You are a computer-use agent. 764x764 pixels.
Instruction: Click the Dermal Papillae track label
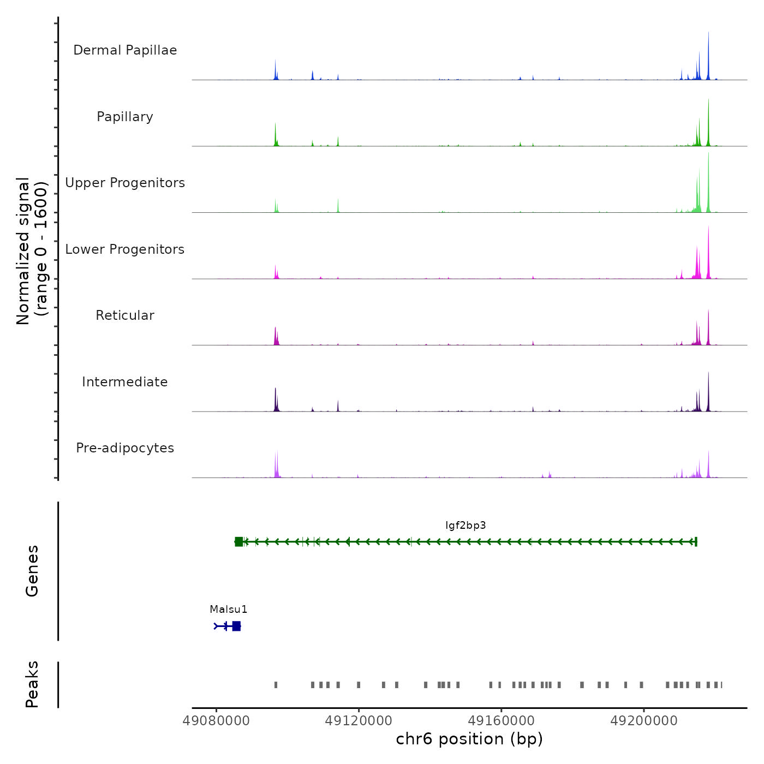(x=125, y=50)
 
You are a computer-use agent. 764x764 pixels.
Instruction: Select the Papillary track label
(x=125, y=117)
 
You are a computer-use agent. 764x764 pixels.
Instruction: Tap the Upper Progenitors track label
(x=125, y=183)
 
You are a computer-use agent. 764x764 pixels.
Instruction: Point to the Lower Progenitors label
(x=125, y=249)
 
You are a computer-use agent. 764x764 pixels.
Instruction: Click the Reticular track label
(x=125, y=315)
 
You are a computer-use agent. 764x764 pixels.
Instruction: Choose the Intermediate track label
(x=125, y=382)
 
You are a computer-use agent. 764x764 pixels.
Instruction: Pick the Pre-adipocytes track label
(x=125, y=448)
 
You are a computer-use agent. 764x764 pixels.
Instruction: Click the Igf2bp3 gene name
(x=465, y=526)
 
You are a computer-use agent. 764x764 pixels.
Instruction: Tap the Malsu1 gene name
(x=229, y=610)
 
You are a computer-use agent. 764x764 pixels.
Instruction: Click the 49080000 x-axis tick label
(x=217, y=721)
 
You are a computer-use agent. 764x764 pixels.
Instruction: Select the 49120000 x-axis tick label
(x=359, y=721)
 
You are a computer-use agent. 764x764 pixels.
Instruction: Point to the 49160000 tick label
(x=502, y=721)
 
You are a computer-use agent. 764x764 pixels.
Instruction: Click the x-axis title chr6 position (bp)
(x=469, y=739)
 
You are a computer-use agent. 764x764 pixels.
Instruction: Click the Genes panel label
(x=32, y=571)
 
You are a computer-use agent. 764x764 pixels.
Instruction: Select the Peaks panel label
(x=32, y=684)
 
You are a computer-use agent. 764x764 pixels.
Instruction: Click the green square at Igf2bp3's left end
(x=238, y=542)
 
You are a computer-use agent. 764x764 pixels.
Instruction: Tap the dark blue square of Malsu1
(x=236, y=626)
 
